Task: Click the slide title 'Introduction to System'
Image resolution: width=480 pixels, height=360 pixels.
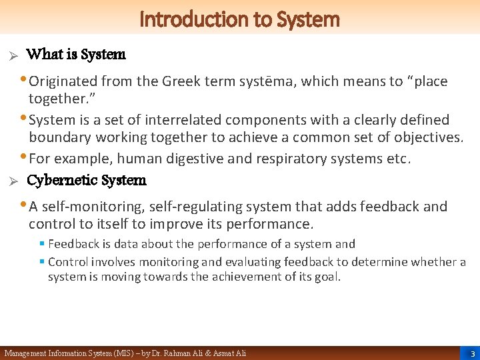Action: click(x=240, y=19)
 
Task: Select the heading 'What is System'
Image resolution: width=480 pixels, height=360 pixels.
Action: click(x=76, y=55)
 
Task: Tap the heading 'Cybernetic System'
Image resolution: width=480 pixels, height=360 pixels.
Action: click(x=86, y=181)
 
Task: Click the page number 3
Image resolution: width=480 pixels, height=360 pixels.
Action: click(x=472, y=353)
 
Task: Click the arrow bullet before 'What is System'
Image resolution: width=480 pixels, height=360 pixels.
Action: click(x=11, y=55)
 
